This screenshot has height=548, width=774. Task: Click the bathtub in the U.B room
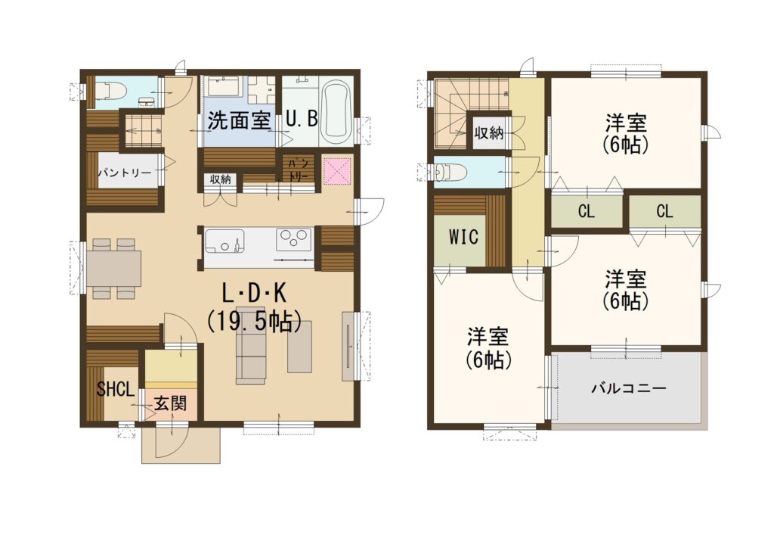[336, 110]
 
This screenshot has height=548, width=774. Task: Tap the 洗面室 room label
[239, 120]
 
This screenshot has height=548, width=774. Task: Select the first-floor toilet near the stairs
[110, 91]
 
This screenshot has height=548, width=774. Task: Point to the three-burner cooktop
[294, 239]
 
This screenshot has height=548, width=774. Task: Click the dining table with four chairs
[114, 269]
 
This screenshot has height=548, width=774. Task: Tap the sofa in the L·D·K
[251, 351]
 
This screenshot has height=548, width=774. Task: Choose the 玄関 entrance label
[171, 404]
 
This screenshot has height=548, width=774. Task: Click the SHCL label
[116, 389]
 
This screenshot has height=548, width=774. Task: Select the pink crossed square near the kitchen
[337, 171]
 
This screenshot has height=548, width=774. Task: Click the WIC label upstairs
[463, 237]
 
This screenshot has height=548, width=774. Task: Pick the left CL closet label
[587, 212]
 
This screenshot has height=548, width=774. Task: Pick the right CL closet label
[664, 212]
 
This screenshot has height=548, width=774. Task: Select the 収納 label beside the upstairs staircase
[489, 133]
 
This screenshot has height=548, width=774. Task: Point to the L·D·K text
[254, 294]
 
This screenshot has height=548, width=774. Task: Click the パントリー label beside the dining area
[125, 173]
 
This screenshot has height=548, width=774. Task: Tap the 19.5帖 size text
[254, 321]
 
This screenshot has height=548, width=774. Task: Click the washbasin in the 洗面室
[225, 86]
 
